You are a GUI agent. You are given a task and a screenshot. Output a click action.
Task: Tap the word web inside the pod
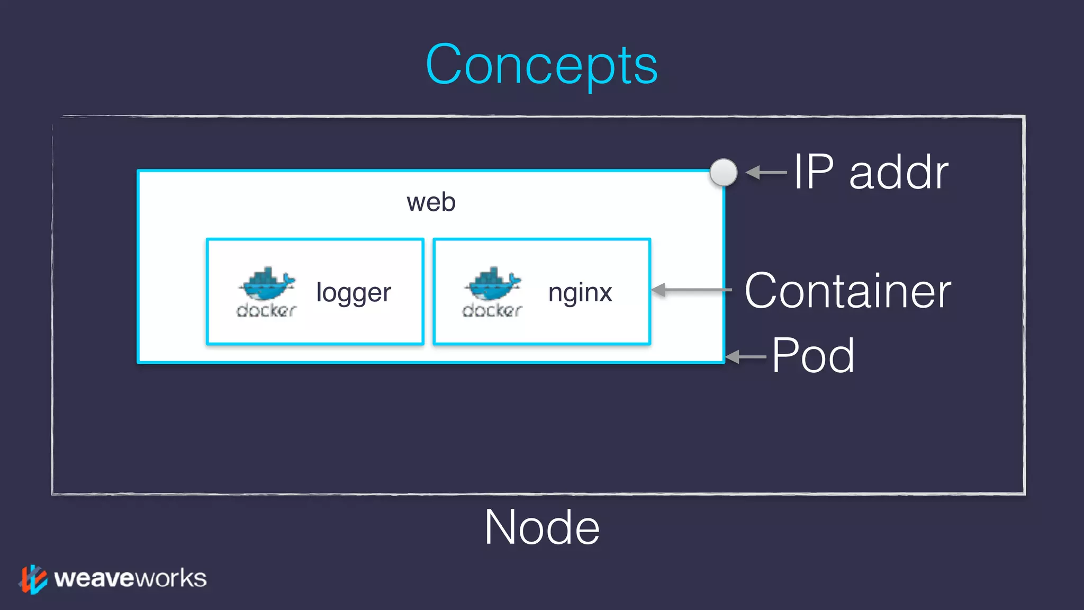[431, 202]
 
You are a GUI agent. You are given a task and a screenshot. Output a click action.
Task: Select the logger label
[354, 293]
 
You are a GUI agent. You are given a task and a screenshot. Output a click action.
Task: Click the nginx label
[580, 293]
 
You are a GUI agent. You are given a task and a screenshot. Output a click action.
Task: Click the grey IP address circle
[723, 173]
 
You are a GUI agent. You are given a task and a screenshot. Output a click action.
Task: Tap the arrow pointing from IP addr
[766, 173]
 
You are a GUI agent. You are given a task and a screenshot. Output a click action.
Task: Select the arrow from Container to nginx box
[691, 290]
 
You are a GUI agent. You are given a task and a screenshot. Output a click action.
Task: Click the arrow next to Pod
[746, 357]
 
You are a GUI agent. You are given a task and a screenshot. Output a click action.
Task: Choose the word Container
[847, 291]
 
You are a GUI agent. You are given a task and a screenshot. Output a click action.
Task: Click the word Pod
[813, 356]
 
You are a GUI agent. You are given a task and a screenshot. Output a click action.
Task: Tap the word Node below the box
[542, 527]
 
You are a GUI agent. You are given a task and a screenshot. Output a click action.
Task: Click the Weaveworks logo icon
[33, 579]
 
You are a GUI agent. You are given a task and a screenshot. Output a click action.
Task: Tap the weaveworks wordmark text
[130, 578]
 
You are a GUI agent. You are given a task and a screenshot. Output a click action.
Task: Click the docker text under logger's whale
[266, 310]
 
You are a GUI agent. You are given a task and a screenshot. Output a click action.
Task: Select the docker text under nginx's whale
[492, 310]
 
